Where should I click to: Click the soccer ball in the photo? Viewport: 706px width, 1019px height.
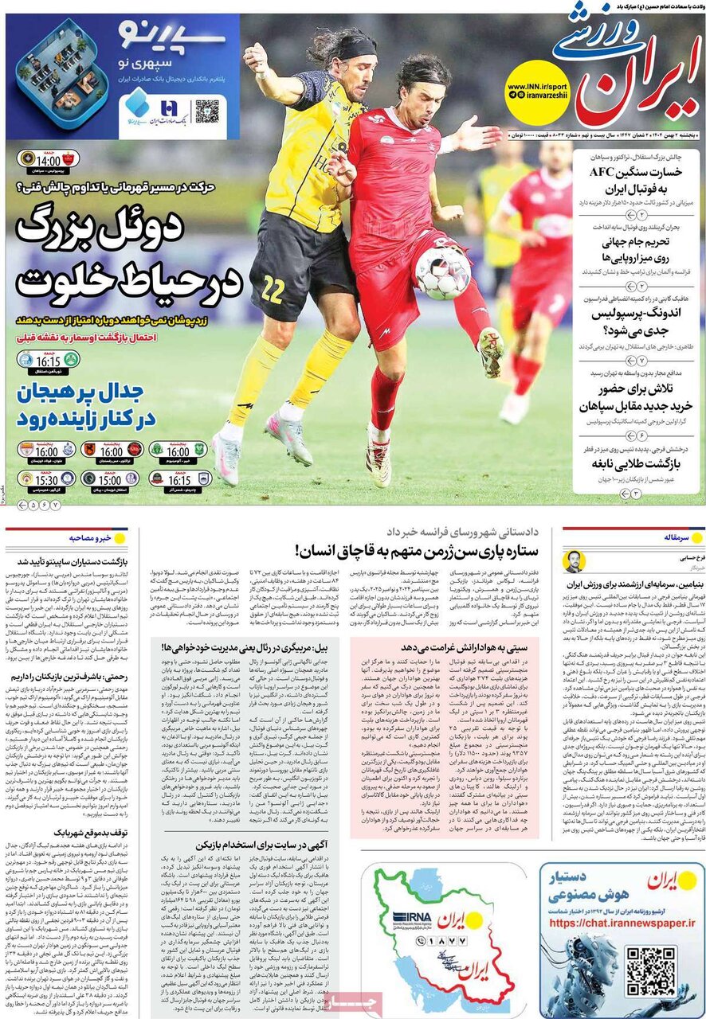pos(443,273)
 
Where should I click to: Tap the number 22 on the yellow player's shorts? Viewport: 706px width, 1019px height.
pos(273,290)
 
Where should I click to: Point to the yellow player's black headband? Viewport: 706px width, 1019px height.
pos(354,49)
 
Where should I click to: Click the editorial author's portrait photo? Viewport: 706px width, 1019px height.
pos(574,560)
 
